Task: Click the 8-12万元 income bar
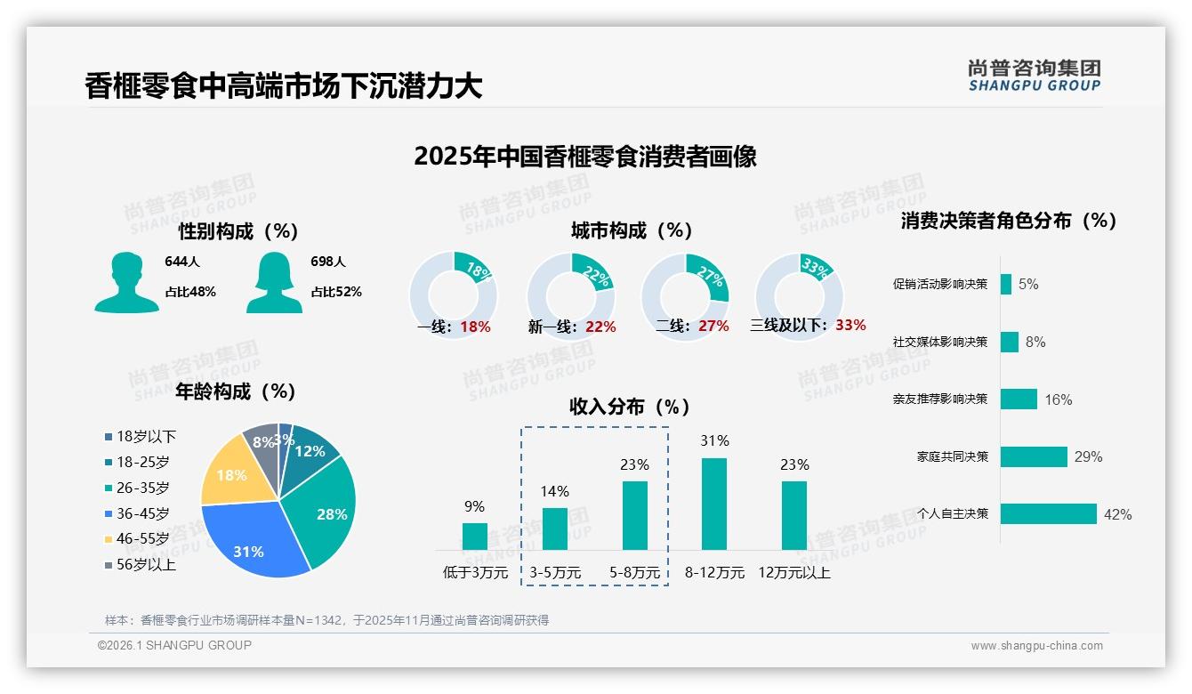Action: (x=714, y=504)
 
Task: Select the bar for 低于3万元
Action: (x=475, y=537)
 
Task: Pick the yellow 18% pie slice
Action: (x=227, y=473)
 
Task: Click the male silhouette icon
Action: (x=126, y=283)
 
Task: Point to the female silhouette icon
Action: (x=274, y=283)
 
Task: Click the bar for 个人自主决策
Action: (x=1049, y=514)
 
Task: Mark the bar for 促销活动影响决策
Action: (x=1006, y=284)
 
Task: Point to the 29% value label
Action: (x=1088, y=457)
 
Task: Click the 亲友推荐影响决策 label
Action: (x=939, y=399)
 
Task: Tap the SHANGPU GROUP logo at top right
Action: (x=1034, y=76)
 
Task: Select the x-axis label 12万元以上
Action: (x=794, y=573)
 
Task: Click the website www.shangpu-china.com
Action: (x=1036, y=646)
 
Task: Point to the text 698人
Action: (x=328, y=262)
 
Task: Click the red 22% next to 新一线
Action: (x=600, y=327)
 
